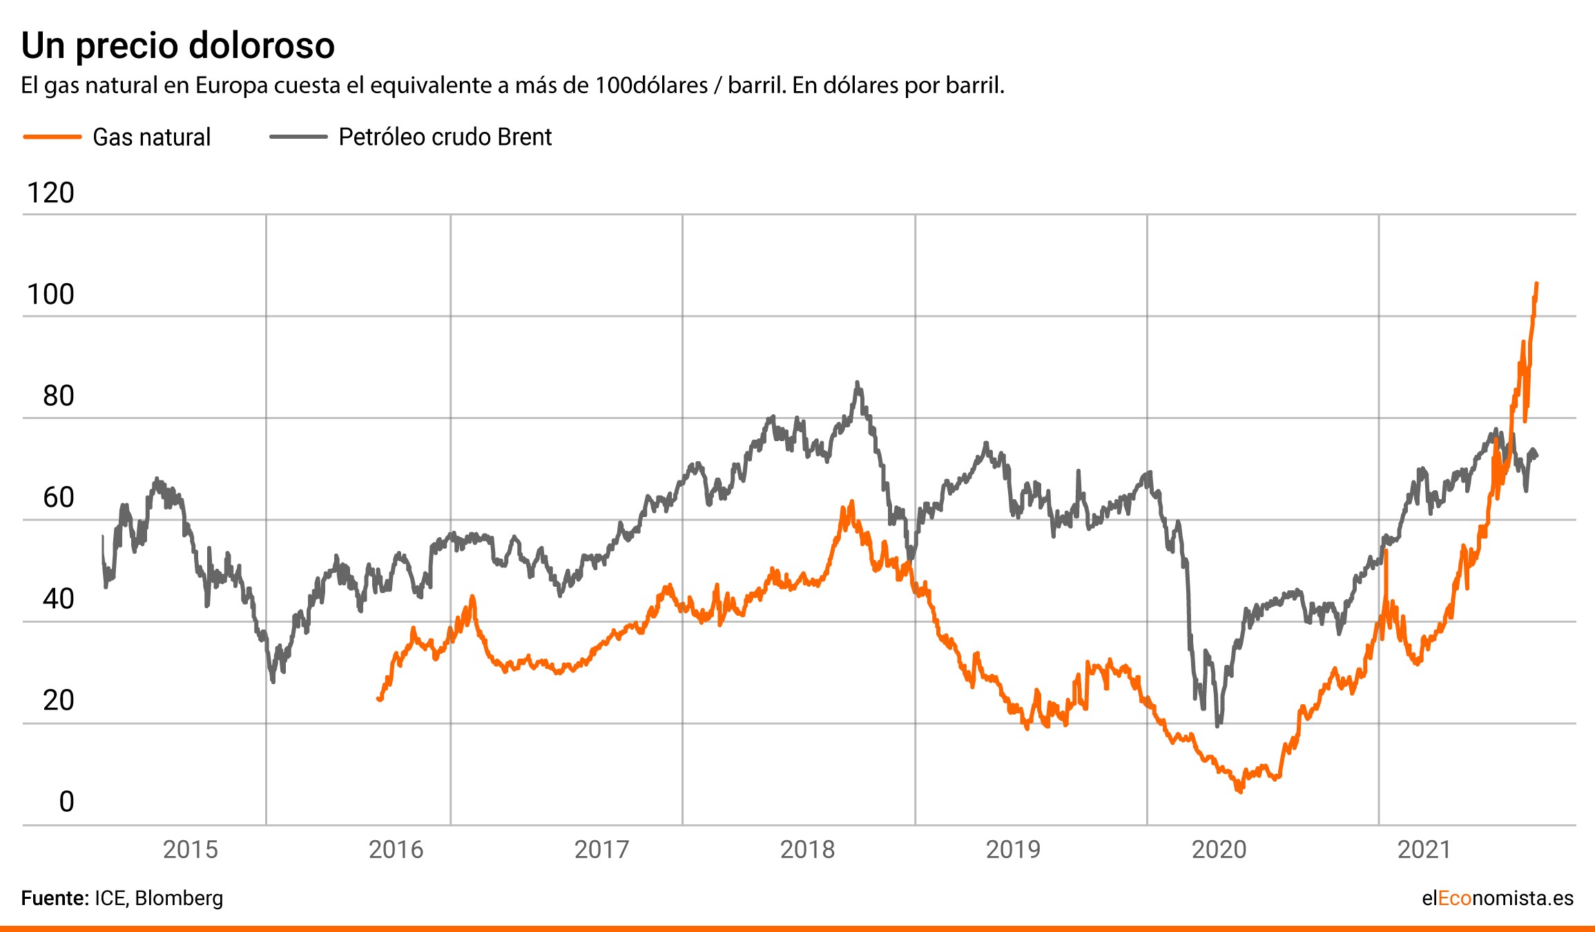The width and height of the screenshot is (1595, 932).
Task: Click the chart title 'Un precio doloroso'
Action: [178, 46]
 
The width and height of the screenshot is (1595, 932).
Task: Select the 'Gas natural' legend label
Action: [151, 137]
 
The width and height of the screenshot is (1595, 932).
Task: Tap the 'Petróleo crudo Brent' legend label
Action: [445, 137]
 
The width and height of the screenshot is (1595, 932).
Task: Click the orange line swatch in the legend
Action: [52, 137]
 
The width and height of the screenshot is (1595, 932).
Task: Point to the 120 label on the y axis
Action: [50, 193]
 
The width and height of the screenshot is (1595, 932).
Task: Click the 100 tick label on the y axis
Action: [50, 295]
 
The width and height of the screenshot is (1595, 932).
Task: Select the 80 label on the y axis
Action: [58, 396]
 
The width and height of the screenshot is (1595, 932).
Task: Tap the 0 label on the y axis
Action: [66, 802]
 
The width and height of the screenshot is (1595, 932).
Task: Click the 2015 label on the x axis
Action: [190, 850]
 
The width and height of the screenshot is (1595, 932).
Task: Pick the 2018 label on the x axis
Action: [807, 850]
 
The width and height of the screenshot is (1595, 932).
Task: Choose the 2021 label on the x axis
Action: [1424, 850]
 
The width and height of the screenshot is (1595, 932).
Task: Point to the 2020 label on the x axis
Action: [1219, 850]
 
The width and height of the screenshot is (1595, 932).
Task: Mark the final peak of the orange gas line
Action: [1536, 284]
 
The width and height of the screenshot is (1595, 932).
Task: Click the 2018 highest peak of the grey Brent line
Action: [857, 382]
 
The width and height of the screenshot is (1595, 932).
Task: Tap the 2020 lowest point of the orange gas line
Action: [1240, 791]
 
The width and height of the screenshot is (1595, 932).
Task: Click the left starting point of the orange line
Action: [378, 699]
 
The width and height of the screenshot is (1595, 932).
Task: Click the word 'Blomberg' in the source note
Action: [179, 898]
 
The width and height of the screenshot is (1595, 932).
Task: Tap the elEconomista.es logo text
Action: [1497, 898]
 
